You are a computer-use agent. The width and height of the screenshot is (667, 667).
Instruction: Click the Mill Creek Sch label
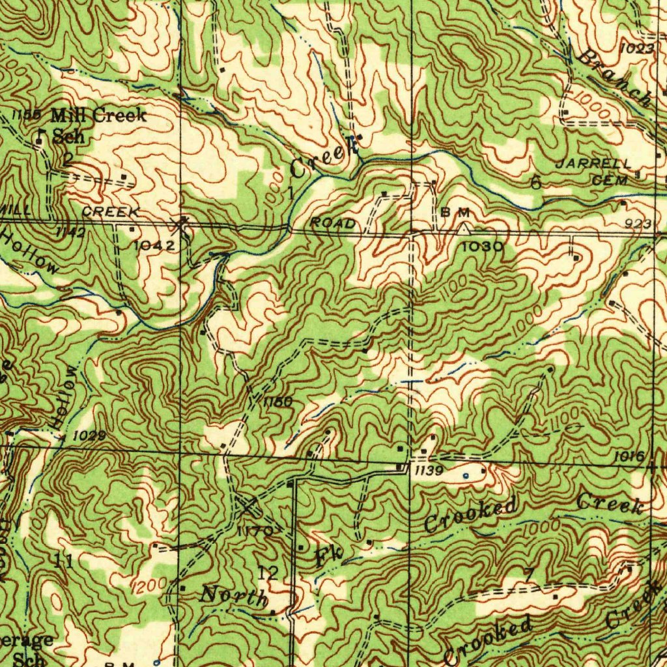tap(98, 125)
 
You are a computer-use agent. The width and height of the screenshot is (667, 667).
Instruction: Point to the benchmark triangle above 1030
tap(463, 229)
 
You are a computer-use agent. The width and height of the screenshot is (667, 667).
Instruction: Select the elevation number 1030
tap(482, 246)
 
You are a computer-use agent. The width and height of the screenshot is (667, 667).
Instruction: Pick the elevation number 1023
tap(636, 48)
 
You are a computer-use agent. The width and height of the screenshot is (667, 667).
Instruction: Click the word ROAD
tap(333, 223)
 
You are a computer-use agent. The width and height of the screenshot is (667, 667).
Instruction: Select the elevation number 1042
tap(154, 245)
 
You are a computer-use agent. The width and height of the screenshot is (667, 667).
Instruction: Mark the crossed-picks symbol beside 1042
tap(179, 226)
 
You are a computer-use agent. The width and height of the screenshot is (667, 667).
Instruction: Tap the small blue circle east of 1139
tap(464, 476)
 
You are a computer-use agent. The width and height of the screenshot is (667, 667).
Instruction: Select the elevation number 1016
tap(629, 456)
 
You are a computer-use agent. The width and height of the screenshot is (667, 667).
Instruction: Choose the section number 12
tap(268, 573)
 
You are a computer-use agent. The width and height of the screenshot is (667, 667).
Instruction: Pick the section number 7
tap(530, 575)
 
